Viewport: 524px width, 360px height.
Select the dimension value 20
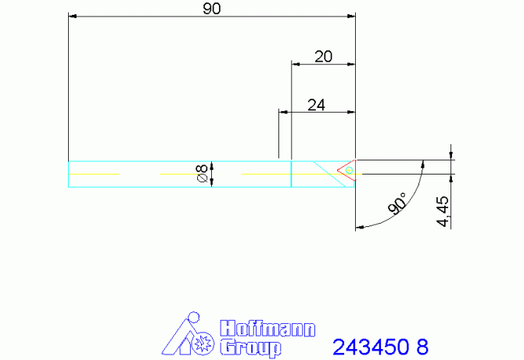(x=323, y=56)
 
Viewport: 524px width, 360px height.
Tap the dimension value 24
(x=316, y=106)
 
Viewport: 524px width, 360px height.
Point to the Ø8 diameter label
(x=201, y=175)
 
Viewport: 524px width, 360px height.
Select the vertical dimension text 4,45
(x=443, y=211)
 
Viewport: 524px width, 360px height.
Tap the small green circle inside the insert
(x=350, y=169)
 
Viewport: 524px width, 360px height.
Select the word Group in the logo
(x=249, y=347)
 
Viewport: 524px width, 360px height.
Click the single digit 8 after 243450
(x=423, y=346)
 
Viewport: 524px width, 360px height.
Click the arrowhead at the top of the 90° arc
(x=422, y=165)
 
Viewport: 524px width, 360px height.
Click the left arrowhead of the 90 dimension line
(x=73, y=15)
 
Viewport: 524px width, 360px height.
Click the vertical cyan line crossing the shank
(x=292, y=175)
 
